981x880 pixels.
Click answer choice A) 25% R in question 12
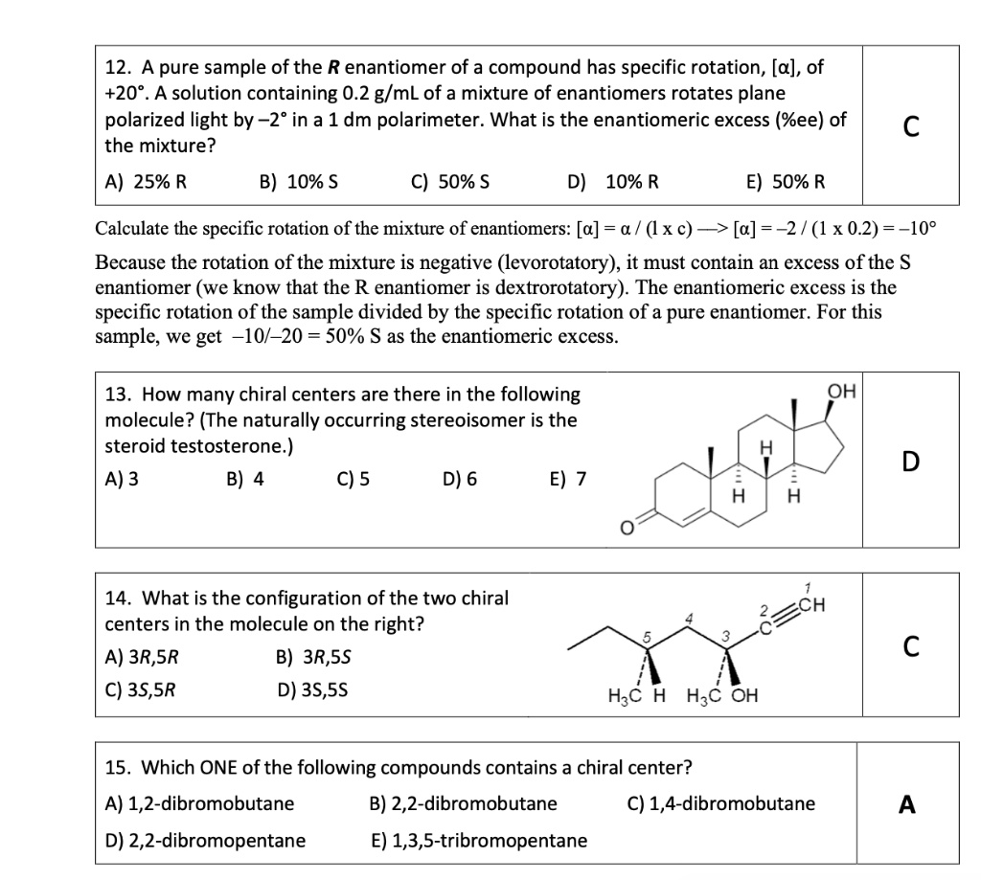pyautogui.click(x=146, y=182)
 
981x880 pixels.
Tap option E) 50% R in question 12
pyautogui.click(x=785, y=182)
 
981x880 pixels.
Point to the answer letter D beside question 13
pyautogui.click(x=910, y=462)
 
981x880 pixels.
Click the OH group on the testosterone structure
pyautogui.click(x=842, y=392)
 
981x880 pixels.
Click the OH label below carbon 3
pyautogui.click(x=743, y=695)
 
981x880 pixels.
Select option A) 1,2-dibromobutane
pyautogui.click(x=199, y=803)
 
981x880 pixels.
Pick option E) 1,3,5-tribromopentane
pyautogui.click(x=478, y=841)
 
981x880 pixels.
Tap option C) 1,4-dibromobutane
pyautogui.click(x=720, y=803)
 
